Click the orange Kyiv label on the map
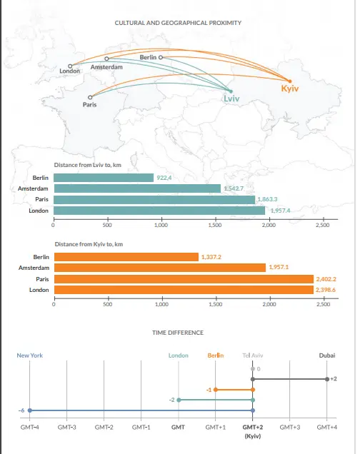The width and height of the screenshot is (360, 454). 289,89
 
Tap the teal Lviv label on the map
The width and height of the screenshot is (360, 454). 231,99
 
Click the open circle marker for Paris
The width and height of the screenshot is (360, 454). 90,97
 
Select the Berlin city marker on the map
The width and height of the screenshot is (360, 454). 161,57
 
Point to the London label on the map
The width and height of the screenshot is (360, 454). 69,71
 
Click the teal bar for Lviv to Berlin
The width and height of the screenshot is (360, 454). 104,178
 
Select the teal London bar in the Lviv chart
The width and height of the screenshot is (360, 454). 159,211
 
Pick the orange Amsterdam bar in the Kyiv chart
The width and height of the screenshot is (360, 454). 160,268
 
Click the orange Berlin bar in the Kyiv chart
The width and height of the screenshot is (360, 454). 126,257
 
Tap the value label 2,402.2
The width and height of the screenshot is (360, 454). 326,279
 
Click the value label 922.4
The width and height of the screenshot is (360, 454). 164,178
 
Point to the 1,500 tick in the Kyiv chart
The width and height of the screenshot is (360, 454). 216,304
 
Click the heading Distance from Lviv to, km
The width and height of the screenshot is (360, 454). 87,165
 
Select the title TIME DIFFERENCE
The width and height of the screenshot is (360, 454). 178,333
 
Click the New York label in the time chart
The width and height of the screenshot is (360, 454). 29,355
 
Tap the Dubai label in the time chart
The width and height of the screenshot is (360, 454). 327,355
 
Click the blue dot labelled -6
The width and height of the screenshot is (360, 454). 29,410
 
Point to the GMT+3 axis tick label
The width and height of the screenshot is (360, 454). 289,427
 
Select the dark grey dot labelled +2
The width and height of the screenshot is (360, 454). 327,379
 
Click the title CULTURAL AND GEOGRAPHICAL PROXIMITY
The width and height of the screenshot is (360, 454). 178,23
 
